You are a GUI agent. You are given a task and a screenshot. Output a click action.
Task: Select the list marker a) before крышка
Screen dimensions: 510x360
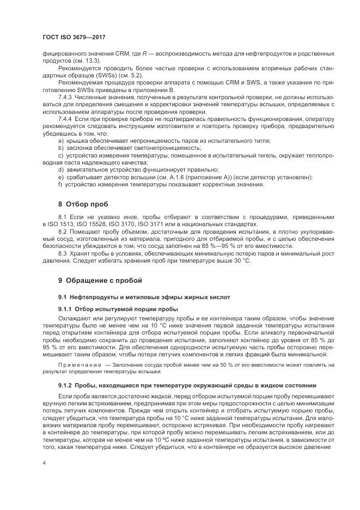pyautogui.click(x=60, y=141)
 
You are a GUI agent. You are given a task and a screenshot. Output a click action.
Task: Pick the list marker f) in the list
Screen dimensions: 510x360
pyautogui.click(x=60, y=184)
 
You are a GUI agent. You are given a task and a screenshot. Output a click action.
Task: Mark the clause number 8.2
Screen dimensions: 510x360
pyautogui.click(x=63, y=232)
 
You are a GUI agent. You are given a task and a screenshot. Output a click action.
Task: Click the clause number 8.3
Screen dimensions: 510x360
pyautogui.click(x=63, y=253)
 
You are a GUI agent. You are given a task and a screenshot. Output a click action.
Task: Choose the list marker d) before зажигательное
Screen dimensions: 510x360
pyautogui.click(x=60, y=169)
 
